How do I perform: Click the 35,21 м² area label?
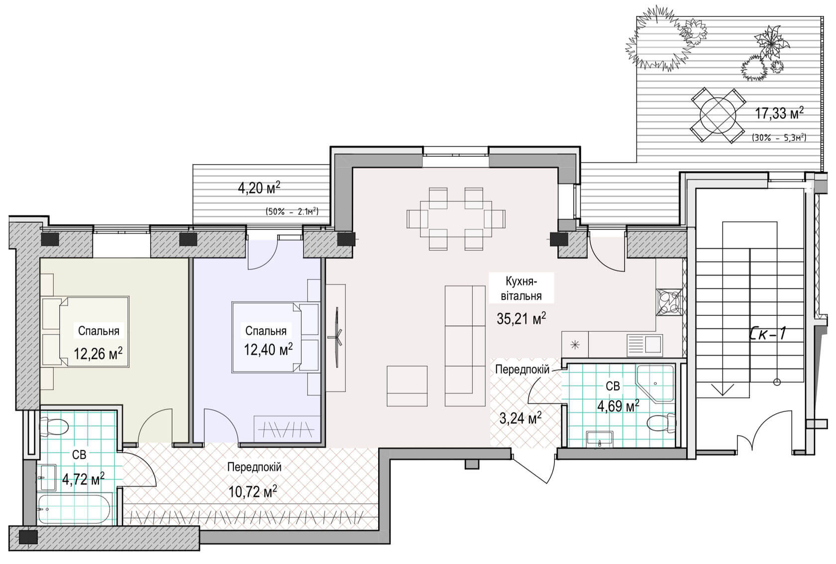click(x=522, y=319)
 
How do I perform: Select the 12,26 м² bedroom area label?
click(x=98, y=353)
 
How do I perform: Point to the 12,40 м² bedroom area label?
click(x=268, y=350)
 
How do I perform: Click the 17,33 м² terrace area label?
click(x=779, y=113)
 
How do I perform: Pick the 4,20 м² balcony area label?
click(x=259, y=188)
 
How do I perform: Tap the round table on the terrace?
click(x=718, y=115)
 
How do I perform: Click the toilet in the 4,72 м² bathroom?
click(x=54, y=427)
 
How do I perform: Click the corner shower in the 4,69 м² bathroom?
click(x=655, y=383)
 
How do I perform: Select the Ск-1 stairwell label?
click(x=768, y=333)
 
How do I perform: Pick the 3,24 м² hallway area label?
click(x=521, y=419)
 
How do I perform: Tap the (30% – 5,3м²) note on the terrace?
click(x=779, y=138)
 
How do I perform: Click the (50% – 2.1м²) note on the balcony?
click(x=292, y=211)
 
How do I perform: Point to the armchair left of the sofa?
click(x=407, y=386)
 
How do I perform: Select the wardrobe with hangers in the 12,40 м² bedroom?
click(x=287, y=429)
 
